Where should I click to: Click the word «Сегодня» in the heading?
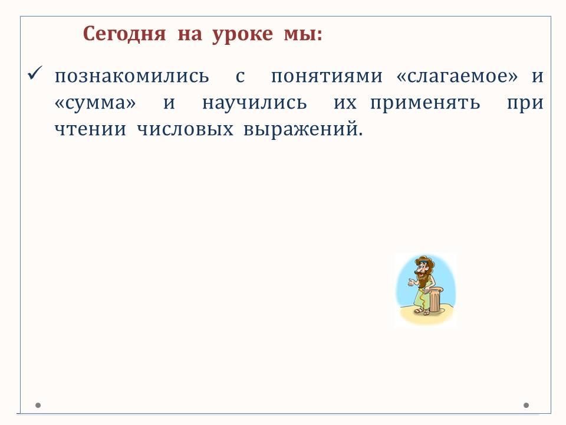[124, 34]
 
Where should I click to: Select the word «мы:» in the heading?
[303, 35]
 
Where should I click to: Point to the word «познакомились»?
[131, 76]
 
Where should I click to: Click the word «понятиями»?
[327, 76]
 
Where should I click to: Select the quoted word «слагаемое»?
[457, 76]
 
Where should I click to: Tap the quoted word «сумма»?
[95, 103]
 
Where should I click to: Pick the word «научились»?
[255, 103]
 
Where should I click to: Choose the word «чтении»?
[90, 129]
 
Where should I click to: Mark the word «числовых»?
[185, 129]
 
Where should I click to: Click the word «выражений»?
[302, 130]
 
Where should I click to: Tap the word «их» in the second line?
[345, 103]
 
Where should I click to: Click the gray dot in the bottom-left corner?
[38, 405]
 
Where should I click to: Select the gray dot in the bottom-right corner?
[526, 405]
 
